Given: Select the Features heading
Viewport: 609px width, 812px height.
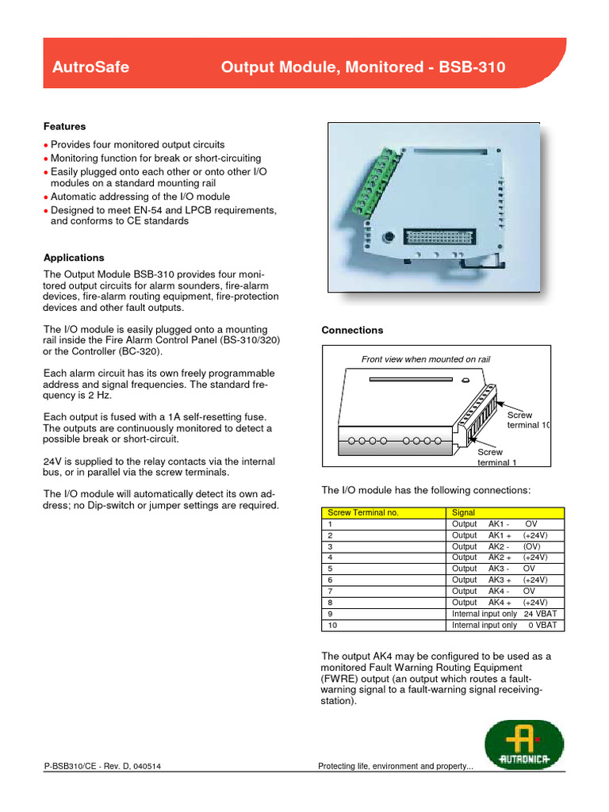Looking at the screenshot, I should click(65, 127).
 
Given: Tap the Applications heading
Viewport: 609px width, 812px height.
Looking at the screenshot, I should click(74, 258).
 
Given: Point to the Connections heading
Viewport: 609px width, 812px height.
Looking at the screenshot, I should click(352, 330).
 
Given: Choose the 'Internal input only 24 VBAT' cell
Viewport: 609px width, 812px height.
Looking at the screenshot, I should click(504, 614).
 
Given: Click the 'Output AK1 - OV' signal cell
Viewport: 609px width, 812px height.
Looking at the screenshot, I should click(504, 524).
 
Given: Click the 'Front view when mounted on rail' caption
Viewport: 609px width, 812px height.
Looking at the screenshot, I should click(426, 359).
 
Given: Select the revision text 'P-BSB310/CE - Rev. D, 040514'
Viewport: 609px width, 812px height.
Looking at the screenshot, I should click(105, 766).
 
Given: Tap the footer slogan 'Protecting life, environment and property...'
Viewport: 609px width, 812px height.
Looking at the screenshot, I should click(395, 766).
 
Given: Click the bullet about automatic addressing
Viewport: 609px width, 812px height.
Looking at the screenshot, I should click(140, 197).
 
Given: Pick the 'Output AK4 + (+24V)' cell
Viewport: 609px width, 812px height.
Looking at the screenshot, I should click(504, 602).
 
